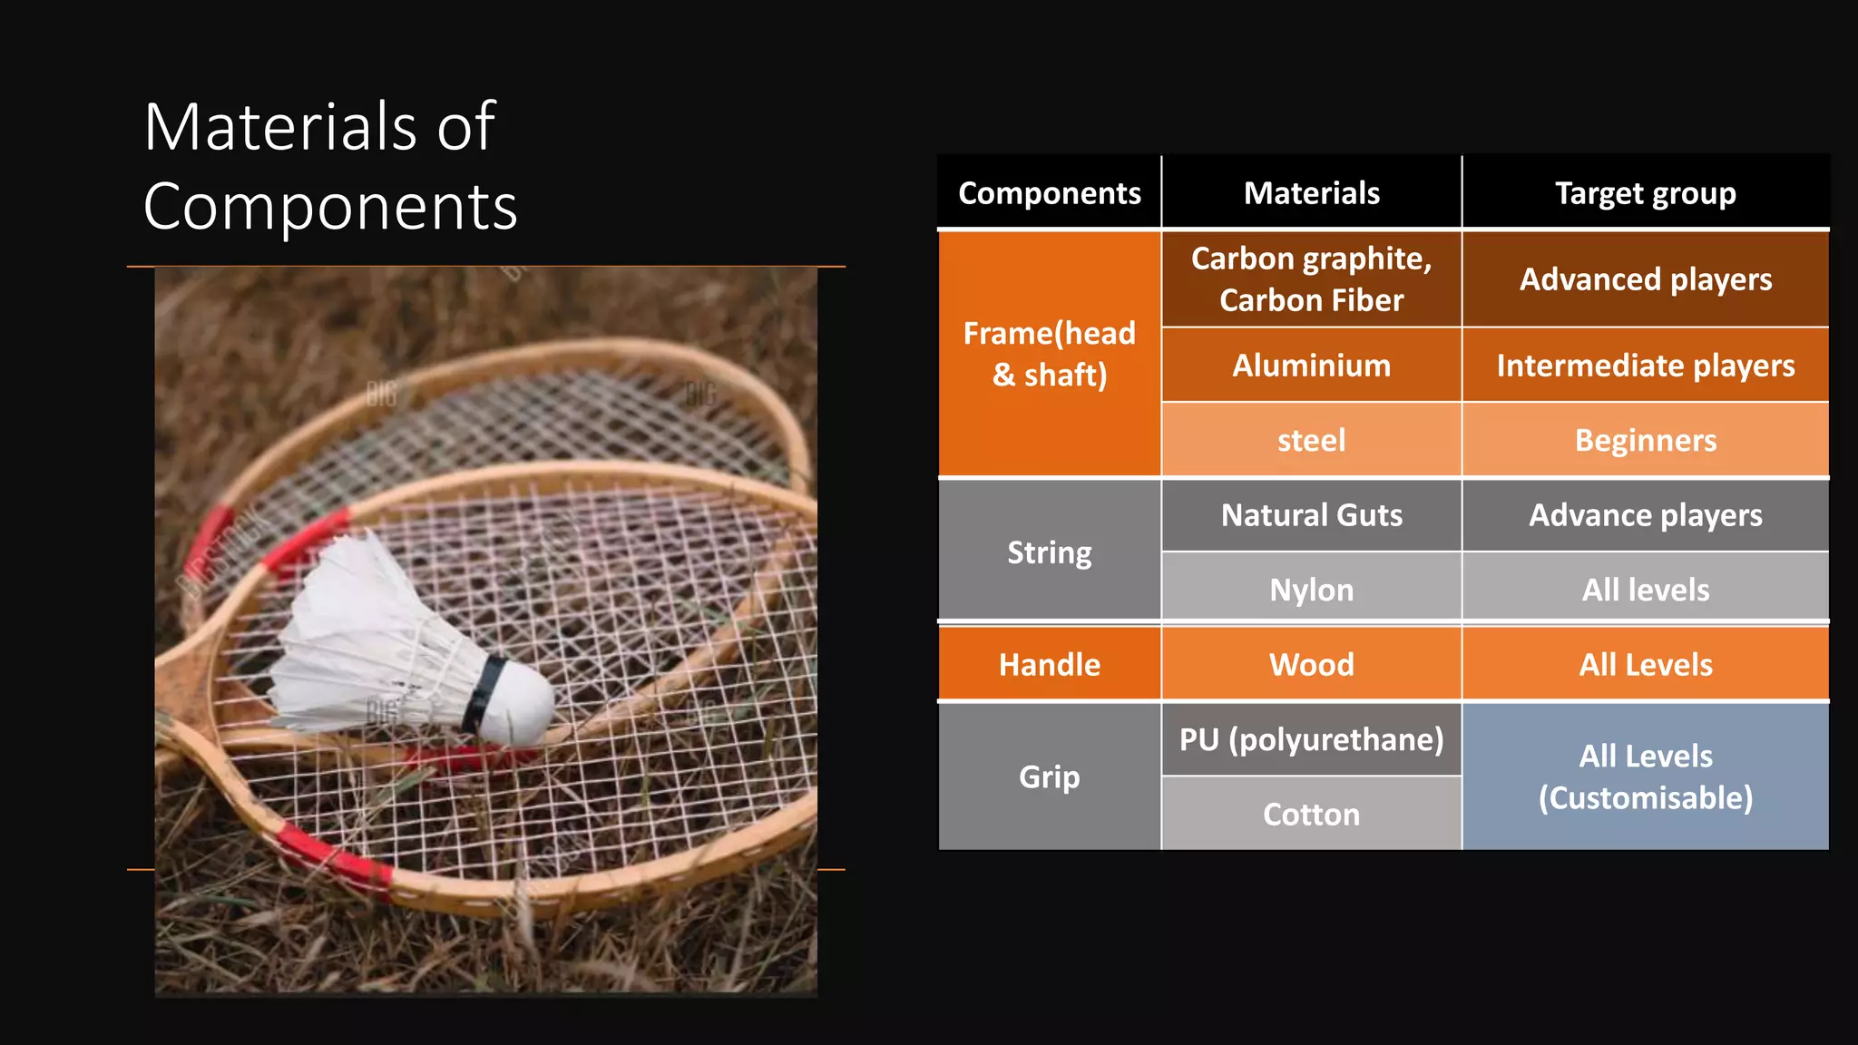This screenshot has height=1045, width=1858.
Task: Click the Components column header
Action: [1049, 193]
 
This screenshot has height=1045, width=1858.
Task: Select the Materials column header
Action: [1311, 193]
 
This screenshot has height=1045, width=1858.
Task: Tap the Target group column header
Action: [1645, 193]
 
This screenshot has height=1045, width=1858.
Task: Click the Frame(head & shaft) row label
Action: [1049, 354]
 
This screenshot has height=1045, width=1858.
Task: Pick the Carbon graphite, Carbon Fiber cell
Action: [1311, 279]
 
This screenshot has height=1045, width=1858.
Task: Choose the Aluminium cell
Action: [1311, 366]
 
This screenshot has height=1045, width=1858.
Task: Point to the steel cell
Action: [1311, 440]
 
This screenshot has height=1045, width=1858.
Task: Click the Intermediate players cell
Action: [1645, 366]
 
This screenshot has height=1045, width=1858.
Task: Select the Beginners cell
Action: [1645, 440]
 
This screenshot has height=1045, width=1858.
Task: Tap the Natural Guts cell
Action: [1311, 515]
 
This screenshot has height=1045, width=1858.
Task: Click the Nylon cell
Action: [1311, 590]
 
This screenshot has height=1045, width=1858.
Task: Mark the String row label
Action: [1049, 552]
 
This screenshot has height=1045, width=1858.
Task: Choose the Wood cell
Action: [1311, 665]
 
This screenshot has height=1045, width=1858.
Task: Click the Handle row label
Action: [1049, 665]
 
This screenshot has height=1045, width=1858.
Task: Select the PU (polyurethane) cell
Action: [1311, 740]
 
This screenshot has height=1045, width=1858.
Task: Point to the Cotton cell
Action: [1311, 815]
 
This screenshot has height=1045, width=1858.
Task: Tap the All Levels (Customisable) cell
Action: [1645, 777]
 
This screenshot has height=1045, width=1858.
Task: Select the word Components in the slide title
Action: [330, 207]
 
